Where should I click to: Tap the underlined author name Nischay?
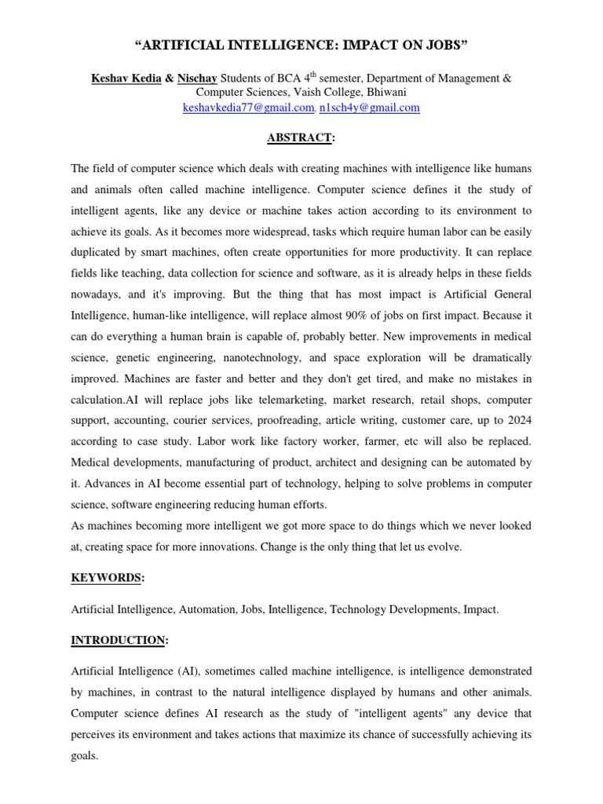(x=197, y=78)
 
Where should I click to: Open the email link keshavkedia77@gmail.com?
(x=247, y=107)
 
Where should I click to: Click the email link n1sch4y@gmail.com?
(x=370, y=107)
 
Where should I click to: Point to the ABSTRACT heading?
(x=301, y=137)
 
